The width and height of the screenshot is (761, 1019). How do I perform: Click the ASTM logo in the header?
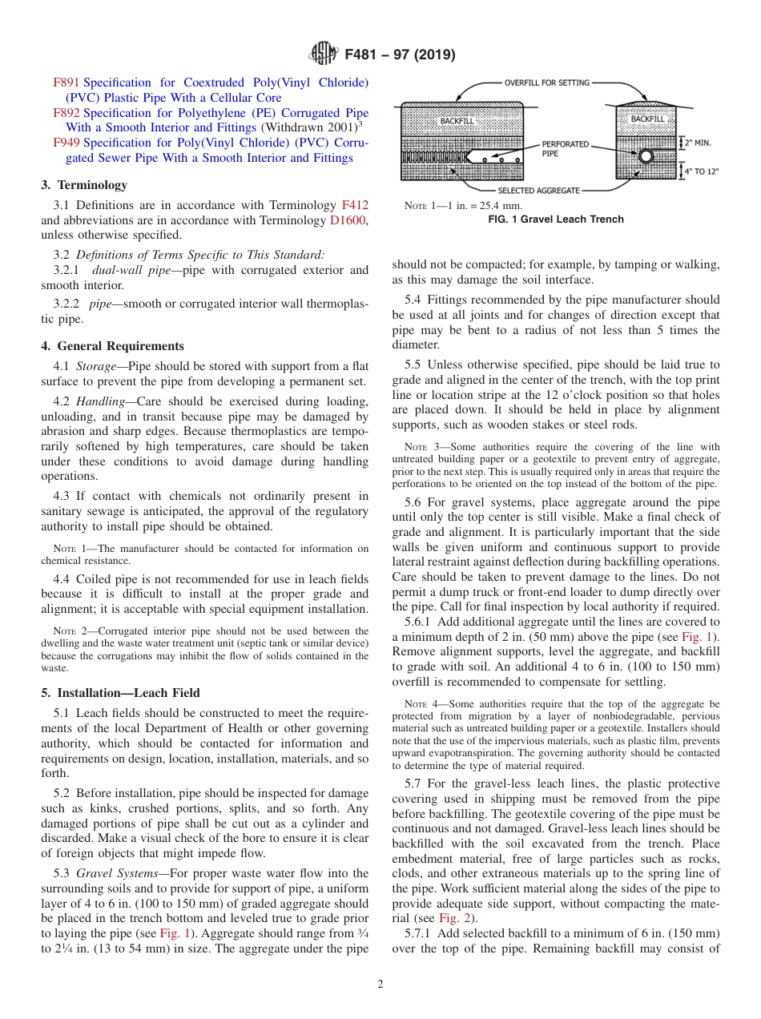(323, 55)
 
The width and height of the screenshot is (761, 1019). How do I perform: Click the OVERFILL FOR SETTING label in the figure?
(547, 83)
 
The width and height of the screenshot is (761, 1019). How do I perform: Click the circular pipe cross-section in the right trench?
(646, 157)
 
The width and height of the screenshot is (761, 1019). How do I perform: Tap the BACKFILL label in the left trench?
(457, 121)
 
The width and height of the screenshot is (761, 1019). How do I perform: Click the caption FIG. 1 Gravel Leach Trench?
(555, 220)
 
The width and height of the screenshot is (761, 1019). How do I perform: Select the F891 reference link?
(66, 83)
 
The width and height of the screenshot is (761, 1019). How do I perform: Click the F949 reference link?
(66, 143)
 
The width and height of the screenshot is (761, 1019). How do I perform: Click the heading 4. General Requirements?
(112, 346)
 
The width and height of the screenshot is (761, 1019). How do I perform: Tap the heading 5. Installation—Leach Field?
(120, 693)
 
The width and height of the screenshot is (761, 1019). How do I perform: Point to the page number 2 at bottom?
(380, 985)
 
